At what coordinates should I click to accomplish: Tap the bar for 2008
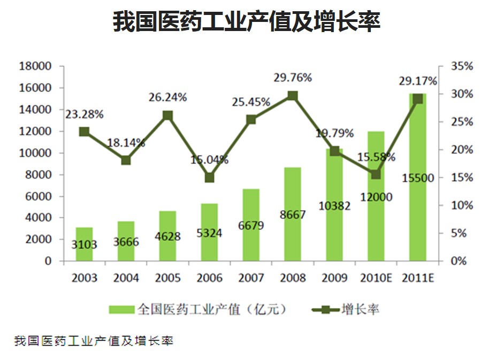pos(293,214)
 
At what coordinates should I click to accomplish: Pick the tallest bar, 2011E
pos(418,177)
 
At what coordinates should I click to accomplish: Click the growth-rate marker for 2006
pos(209,178)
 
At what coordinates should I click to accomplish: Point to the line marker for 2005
pos(167,116)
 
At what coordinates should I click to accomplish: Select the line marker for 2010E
pos(376,174)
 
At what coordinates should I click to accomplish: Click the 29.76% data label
pos(293,78)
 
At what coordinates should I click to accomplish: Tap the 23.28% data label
pos(85,114)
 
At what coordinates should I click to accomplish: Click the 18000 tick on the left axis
pos(35,66)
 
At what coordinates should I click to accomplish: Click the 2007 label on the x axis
pos(251,278)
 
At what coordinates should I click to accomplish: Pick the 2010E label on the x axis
pos(377,278)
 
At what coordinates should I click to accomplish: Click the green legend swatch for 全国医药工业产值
pos(121,309)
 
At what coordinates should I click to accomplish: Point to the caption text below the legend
pos(94,341)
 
